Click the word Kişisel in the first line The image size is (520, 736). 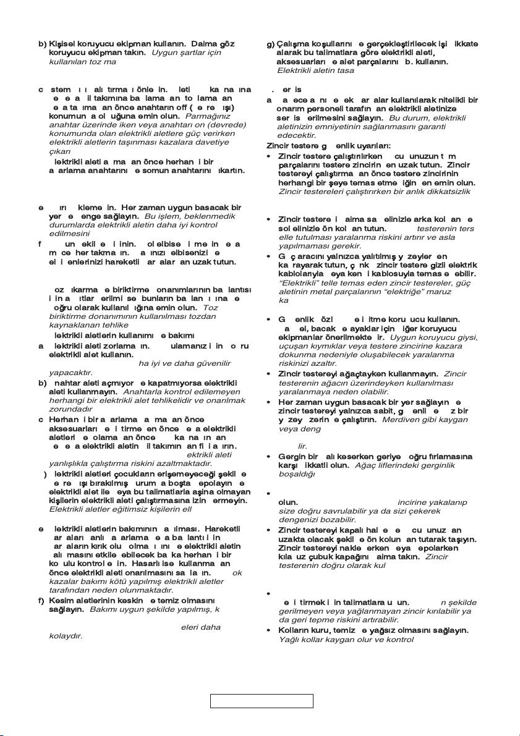click(x=61, y=45)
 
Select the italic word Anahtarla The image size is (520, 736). click(x=144, y=391)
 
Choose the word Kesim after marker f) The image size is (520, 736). click(x=61, y=599)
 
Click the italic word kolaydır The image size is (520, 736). click(x=65, y=635)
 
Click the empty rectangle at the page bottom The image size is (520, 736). click(x=262, y=701)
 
